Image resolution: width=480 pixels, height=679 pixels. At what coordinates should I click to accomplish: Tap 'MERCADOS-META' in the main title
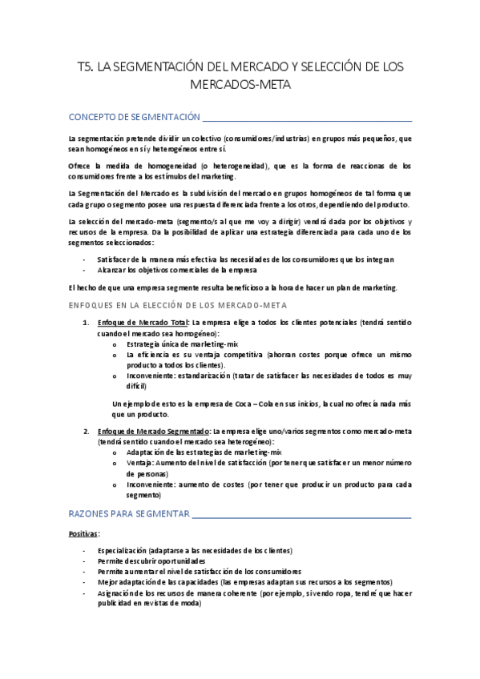click(x=240, y=83)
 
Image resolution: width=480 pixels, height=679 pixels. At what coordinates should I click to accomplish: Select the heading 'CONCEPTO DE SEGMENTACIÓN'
click(x=134, y=117)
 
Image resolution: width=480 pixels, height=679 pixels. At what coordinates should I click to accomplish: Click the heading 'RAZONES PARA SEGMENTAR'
click(x=128, y=512)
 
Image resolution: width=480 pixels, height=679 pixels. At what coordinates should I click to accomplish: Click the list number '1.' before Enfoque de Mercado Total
click(x=87, y=322)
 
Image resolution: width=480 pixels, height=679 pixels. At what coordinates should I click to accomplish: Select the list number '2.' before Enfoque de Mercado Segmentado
click(x=87, y=432)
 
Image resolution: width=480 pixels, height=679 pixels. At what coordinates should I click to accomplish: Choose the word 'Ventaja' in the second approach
click(x=141, y=463)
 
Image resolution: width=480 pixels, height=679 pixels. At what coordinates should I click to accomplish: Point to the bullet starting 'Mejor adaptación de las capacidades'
click(x=244, y=582)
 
